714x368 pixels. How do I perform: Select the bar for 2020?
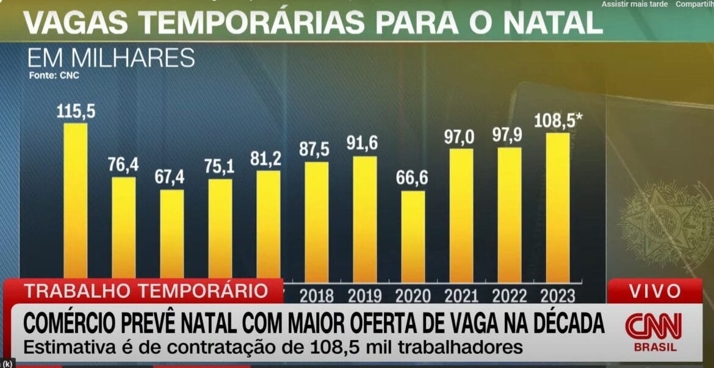(x=413, y=235)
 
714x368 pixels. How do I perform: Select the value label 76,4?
(x=124, y=165)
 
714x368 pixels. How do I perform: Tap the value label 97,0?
(x=461, y=137)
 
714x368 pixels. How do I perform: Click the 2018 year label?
(x=317, y=296)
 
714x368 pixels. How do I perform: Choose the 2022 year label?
(x=510, y=296)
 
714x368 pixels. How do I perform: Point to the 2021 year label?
(x=461, y=296)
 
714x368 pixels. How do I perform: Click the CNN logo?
(x=653, y=327)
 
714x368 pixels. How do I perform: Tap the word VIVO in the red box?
(x=655, y=290)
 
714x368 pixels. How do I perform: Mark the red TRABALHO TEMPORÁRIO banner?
(x=146, y=290)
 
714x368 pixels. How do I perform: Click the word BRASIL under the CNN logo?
(x=655, y=347)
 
